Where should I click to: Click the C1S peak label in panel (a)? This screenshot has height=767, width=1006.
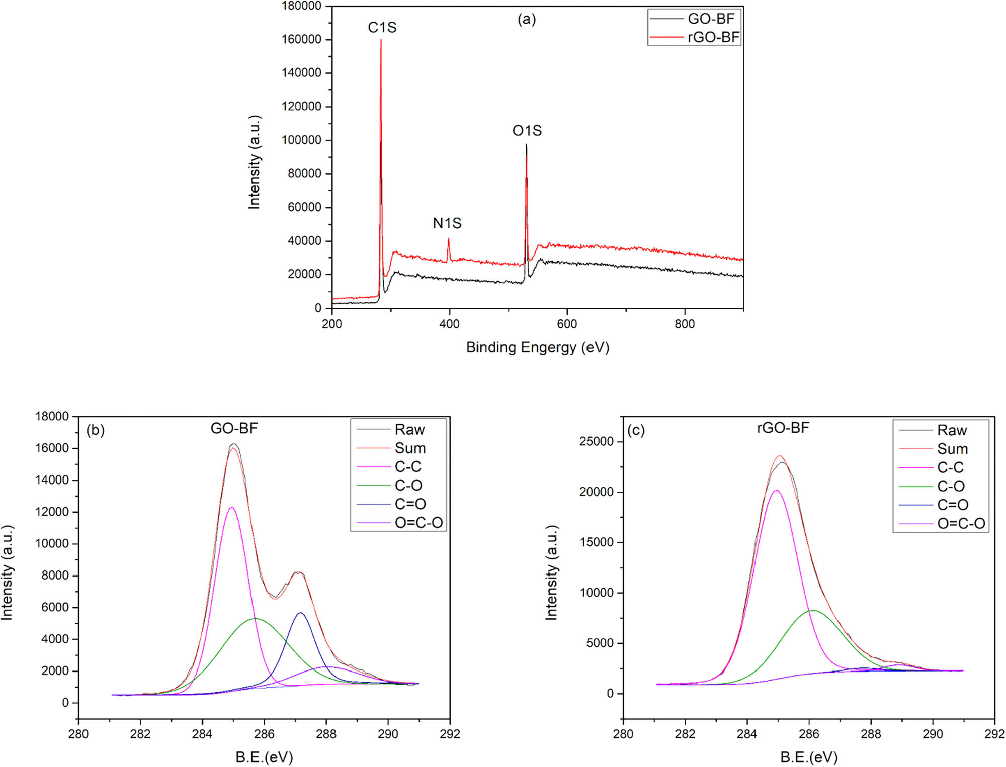tap(382, 28)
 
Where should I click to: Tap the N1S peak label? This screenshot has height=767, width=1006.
tap(447, 223)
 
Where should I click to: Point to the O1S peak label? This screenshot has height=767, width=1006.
tap(527, 131)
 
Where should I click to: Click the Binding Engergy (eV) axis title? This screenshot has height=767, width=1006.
tap(537, 347)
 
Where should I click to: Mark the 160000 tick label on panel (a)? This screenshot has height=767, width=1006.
tap(301, 39)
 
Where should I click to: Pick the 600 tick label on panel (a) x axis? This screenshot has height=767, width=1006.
tap(567, 324)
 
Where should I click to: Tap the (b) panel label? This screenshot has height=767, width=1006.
tap(95, 430)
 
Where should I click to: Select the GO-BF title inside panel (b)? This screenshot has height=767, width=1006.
tap(234, 428)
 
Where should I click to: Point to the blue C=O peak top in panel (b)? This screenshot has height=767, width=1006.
tap(300, 613)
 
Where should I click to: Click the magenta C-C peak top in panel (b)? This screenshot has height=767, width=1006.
tap(231, 508)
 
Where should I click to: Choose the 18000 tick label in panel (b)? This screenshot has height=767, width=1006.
tap(52, 416)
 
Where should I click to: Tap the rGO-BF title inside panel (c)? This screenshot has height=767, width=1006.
tap(783, 428)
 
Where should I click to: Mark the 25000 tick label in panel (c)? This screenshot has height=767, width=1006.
tap(597, 441)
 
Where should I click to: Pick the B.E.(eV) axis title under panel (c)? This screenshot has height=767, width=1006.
tap(808, 757)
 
